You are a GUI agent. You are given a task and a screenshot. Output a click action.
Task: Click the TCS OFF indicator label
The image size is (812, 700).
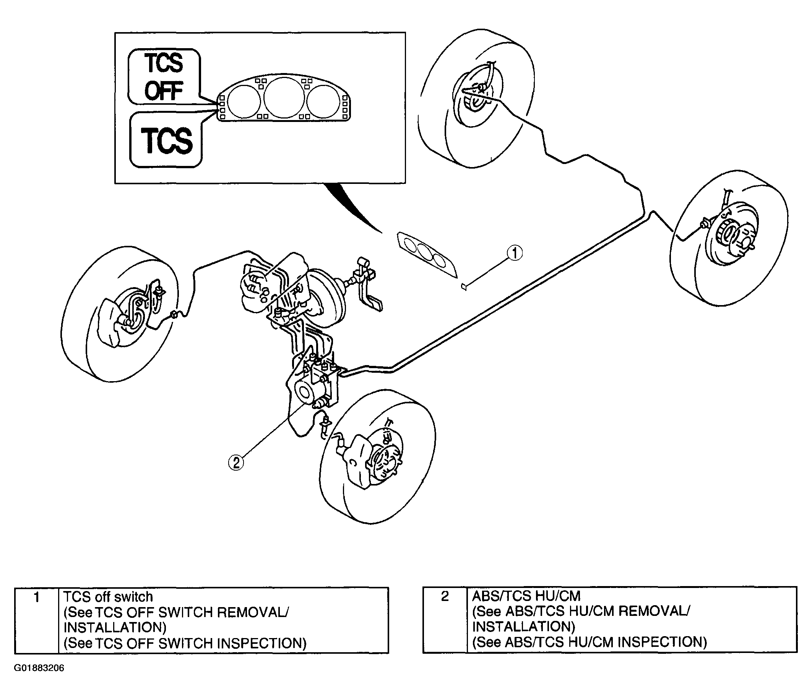[x=164, y=77]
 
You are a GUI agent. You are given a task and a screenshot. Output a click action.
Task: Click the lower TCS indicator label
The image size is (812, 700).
[x=166, y=140]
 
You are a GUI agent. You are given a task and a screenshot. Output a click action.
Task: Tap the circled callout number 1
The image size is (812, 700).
[x=515, y=253]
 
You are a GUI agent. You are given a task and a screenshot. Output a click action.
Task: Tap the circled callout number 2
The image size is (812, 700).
[x=236, y=463]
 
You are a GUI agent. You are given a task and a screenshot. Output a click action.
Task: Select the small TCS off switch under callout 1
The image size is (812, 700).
[x=464, y=287]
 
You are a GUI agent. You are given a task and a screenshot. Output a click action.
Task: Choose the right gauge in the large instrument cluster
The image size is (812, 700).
[x=325, y=99]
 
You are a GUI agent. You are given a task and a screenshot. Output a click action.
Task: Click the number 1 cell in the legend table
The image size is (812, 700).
[x=36, y=598]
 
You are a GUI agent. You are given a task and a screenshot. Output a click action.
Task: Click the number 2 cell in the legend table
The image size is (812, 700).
[x=445, y=596]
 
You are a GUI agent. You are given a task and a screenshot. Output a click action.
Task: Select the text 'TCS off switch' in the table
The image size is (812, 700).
[x=108, y=597]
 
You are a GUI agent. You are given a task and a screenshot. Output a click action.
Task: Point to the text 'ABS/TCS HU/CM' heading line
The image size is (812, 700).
[x=526, y=596]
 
